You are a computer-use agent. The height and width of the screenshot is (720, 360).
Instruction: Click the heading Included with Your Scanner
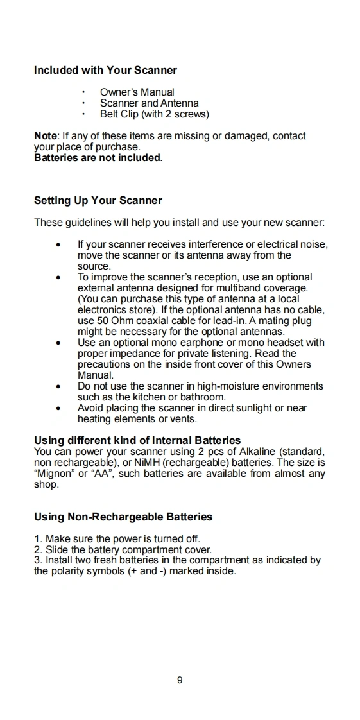(x=106, y=70)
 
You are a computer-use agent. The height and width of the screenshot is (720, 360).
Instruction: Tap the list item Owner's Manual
(x=137, y=92)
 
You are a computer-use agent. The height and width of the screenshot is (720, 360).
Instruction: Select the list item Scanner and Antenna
(x=150, y=103)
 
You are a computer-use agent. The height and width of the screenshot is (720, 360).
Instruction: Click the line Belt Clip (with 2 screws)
(x=155, y=114)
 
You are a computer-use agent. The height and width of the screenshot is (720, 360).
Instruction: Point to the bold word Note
(x=46, y=136)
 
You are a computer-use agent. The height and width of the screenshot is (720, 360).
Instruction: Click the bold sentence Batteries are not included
(x=98, y=158)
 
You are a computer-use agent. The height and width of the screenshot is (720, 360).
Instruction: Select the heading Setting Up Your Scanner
(x=98, y=201)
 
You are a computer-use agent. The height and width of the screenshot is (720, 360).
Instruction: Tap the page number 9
(x=180, y=680)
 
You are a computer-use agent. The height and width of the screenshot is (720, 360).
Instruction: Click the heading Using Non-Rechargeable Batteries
(x=123, y=517)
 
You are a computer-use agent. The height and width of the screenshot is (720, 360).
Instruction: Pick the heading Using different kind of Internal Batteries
(x=137, y=441)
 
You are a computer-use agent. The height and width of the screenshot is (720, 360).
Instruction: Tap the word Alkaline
(x=257, y=452)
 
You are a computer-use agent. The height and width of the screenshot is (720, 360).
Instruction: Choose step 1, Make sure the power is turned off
(x=117, y=538)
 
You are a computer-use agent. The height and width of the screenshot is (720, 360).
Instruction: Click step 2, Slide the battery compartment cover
(x=123, y=550)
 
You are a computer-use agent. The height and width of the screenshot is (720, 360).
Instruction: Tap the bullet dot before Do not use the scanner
(x=58, y=387)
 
